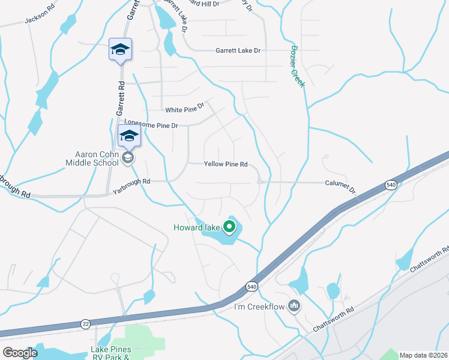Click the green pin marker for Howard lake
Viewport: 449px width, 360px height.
click(229, 227)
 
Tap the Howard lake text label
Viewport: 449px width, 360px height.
click(197, 227)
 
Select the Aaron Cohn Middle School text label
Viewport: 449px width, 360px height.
click(92, 158)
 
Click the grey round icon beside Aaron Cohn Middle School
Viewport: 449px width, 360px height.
click(127, 158)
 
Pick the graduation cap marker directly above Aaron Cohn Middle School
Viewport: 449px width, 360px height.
click(129, 136)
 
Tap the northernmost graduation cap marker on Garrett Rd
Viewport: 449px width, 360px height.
click(120, 50)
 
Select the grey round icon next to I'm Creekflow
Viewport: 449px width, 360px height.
click(294, 307)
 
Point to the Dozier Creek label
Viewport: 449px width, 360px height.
click(298, 66)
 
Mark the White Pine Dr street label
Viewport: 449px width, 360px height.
click(185, 109)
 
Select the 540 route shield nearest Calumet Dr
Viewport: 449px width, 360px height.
click(391, 185)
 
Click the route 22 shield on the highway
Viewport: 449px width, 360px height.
click(86, 324)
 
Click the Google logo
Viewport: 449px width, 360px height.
click(20, 353)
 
